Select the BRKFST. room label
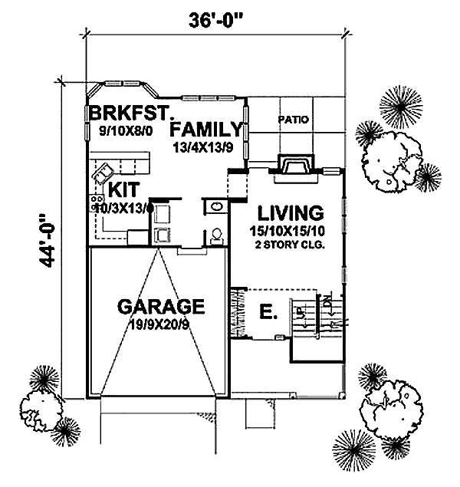click(128, 114)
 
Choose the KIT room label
click(123, 189)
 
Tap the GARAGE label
click(160, 308)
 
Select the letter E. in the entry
click(267, 312)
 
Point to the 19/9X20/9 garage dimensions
click(160, 326)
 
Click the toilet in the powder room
click(218, 234)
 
